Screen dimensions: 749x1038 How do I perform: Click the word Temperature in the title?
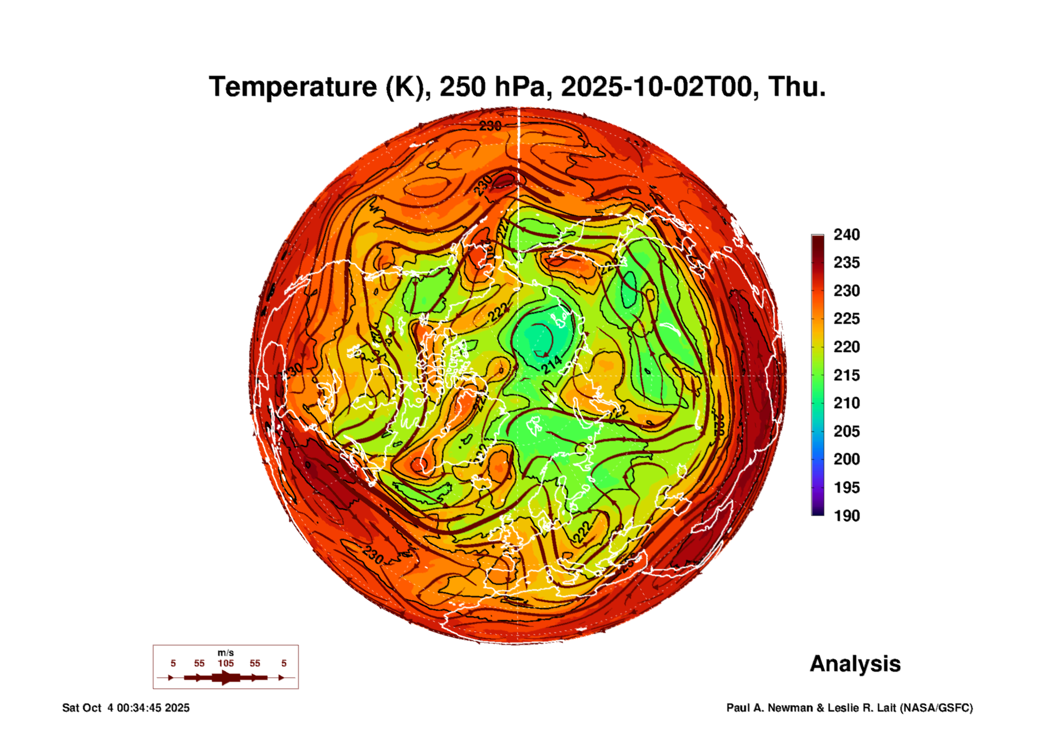point(293,87)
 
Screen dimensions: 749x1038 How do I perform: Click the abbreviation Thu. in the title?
point(797,87)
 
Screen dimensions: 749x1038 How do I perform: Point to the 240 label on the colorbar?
point(846,235)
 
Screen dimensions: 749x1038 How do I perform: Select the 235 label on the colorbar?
point(846,262)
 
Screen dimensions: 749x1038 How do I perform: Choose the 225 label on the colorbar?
point(846,319)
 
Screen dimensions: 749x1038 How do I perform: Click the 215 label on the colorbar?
point(846,375)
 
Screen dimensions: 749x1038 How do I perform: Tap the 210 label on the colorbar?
point(846,403)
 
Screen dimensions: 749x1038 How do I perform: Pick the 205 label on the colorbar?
point(846,431)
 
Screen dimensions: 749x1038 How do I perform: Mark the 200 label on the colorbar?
point(846,459)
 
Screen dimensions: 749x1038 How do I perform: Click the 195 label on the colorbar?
point(846,487)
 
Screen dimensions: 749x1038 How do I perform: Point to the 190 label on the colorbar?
point(846,516)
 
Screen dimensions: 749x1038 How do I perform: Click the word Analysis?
point(855,664)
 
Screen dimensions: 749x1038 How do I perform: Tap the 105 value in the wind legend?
point(226,663)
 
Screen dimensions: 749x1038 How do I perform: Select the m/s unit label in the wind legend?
point(226,653)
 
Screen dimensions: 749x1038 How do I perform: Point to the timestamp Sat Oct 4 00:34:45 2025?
point(126,708)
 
